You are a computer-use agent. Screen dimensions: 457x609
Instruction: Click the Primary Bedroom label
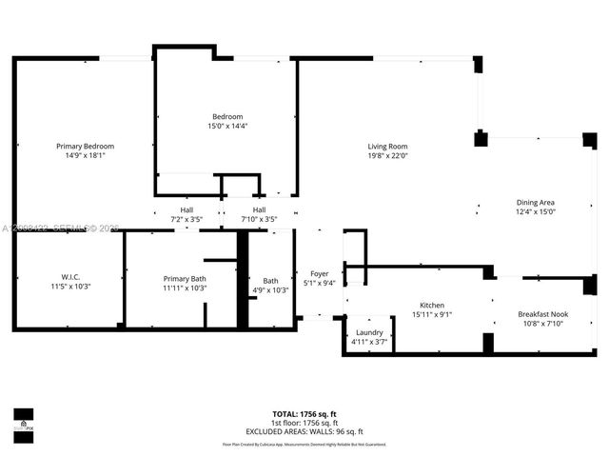tap(85, 146)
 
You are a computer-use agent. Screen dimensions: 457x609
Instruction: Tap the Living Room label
tap(387, 146)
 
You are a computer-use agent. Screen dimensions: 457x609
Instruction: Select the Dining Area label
tap(535, 202)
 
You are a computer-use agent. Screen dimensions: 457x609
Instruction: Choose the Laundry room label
tap(369, 332)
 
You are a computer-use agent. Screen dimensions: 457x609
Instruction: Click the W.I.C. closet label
tap(69, 277)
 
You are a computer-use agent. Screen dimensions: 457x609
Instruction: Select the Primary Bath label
tap(185, 278)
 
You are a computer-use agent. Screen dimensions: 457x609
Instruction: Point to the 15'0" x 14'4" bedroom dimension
tap(227, 126)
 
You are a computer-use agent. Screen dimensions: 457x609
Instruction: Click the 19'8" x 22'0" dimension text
tap(387, 156)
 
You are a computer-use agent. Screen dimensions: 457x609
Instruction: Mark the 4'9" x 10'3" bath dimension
tap(271, 290)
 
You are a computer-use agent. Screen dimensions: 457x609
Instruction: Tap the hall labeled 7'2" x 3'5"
tap(187, 220)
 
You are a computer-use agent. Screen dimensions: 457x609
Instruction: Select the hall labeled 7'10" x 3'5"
tap(259, 220)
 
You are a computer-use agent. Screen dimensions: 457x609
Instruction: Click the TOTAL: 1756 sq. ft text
tap(304, 414)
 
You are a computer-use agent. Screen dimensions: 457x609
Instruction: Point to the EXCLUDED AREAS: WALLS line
tap(304, 430)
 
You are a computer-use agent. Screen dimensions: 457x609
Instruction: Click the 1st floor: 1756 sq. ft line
tap(304, 423)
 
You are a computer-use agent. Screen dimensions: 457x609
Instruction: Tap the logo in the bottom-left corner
tap(23, 420)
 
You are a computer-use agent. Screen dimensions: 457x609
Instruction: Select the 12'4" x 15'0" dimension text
tap(535, 212)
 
